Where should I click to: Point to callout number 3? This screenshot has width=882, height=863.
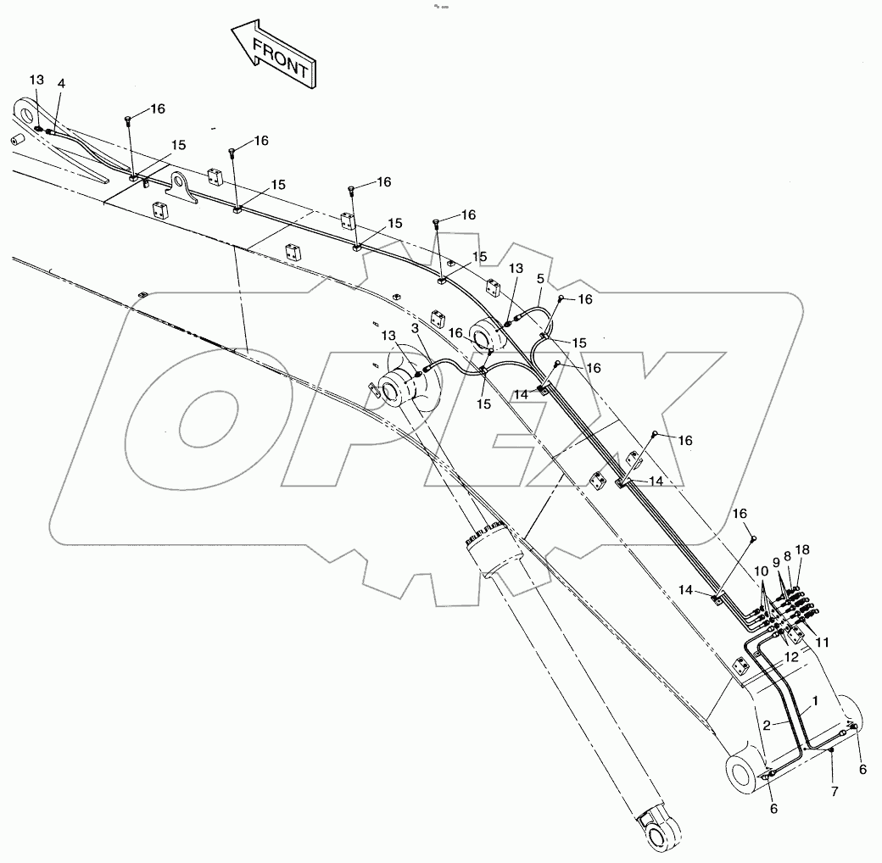[415, 327]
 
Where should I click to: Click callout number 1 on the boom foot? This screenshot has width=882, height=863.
[815, 701]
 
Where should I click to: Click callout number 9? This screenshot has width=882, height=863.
[775, 561]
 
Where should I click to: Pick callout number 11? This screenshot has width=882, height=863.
[822, 643]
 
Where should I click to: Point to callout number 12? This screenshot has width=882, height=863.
[790, 657]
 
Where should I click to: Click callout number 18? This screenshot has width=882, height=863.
[801, 550]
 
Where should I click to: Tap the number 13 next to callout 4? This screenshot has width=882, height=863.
[36, 80]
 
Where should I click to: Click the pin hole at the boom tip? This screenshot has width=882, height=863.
[25, 112]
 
